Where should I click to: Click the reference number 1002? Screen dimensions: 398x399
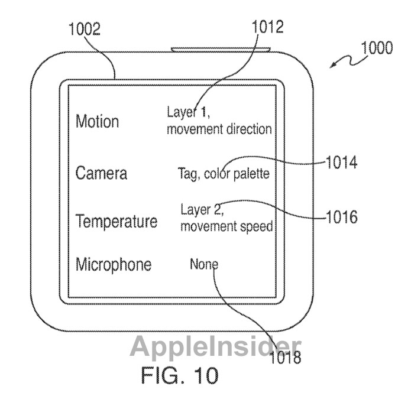click(85, 29)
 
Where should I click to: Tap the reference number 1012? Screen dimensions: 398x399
click(268, 27)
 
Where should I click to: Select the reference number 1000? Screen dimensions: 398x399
click(377, 48)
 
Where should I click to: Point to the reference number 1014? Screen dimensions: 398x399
click(342, 163)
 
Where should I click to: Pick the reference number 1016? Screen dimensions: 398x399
click(342, 217)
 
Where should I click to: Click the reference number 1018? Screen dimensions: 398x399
click(286, 357)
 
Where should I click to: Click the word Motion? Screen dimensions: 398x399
click(97, 121)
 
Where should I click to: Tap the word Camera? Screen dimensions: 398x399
click(101, 173)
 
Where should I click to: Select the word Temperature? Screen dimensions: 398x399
click(117, 221)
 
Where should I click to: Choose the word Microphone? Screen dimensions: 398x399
click(114, 265)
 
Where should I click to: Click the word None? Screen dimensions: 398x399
click(204, 264)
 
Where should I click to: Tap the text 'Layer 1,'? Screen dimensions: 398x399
click(189, 112)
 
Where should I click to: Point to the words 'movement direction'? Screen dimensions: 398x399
click(219, 129)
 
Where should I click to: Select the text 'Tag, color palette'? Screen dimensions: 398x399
click(224, 174)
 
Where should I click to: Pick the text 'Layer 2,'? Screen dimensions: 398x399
click(202, 210)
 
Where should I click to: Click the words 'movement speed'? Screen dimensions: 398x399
click(226, 226)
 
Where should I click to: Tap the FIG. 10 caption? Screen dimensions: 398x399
click(180, 375)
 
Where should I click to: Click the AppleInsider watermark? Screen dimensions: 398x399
click(215, 346)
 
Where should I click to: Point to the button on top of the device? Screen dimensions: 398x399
click(221, 49)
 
